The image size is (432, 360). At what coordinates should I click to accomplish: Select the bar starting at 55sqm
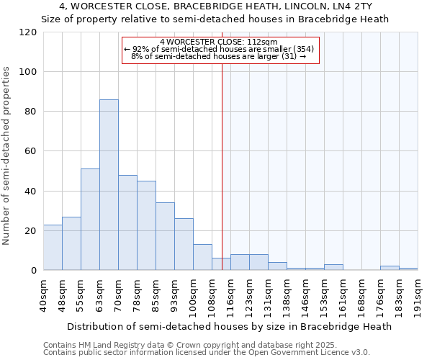coord(90,220)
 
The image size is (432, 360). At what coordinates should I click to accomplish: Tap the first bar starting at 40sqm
coord(53,248)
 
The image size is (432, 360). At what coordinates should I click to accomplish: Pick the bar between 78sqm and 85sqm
coord(146,225)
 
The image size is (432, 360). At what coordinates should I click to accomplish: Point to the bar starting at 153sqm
coord(333,267)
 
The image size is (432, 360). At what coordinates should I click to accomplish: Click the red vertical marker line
coord(222,166)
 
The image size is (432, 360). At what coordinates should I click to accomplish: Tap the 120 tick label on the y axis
coord(28,32)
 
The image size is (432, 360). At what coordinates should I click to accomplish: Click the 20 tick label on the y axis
coord(30,231)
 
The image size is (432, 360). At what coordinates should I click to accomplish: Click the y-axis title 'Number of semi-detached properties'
coord(7,156)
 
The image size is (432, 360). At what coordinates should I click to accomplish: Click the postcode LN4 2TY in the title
coord(354,6)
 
